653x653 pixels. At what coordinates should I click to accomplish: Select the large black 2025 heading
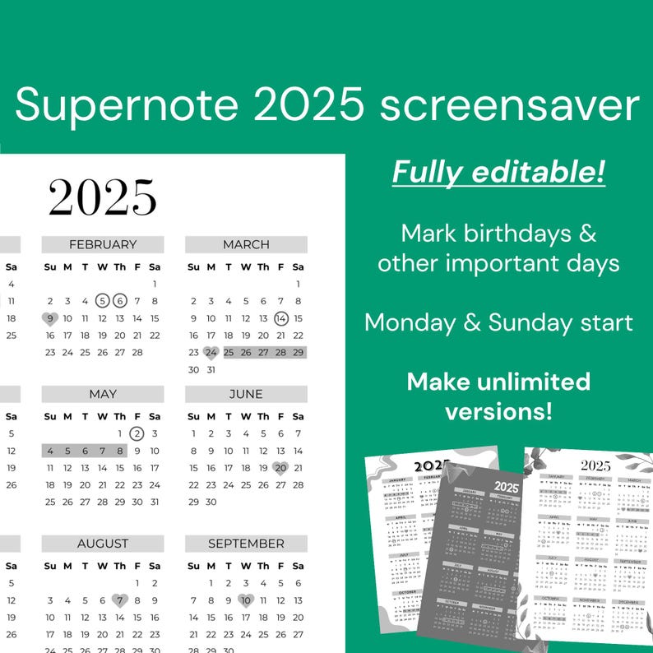pos(102,197)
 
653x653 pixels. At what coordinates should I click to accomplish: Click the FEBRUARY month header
pos(103,244)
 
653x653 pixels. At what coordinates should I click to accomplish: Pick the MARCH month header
pos(246,244)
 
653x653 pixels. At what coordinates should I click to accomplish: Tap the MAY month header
pos(103,394)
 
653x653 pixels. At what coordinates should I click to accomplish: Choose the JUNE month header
pos(246,394)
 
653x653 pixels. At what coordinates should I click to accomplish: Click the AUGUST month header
pos(103,544)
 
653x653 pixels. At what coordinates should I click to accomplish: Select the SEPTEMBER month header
pos(246,544)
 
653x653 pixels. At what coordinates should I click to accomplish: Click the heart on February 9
pos(49,318)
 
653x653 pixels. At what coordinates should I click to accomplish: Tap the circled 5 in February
pos(102,301)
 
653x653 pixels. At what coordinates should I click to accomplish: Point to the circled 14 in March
pos(280,318)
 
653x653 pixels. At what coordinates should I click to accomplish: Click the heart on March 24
pos(211,353)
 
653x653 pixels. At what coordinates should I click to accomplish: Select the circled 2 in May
pos(137,433)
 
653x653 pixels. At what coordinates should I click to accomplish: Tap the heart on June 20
pos(280,468)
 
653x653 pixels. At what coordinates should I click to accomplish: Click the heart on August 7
pos(120,600)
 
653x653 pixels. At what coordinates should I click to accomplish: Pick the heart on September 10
pos(245,600)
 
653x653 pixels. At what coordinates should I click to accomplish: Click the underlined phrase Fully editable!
pos(498,172)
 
